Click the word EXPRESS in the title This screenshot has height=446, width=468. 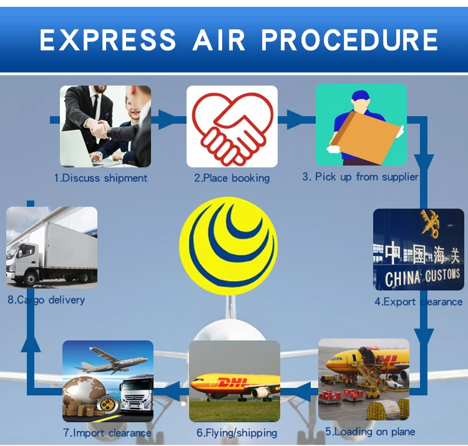tap(108, 40)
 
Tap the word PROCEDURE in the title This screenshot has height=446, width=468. tap(349, 40)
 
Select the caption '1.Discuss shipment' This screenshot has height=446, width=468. tap(100, 178)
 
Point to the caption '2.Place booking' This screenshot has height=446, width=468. tap(232, 178)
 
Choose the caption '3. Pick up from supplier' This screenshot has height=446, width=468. tap(360, 177)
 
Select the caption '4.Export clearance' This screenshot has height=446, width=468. tap(418, 302)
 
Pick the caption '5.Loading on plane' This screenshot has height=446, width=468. tap(369, 431)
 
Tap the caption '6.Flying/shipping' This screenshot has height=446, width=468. tap(236, 432)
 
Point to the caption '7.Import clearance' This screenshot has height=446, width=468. tap(107, 432)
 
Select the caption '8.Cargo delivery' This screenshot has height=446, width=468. tap(46, 300)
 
